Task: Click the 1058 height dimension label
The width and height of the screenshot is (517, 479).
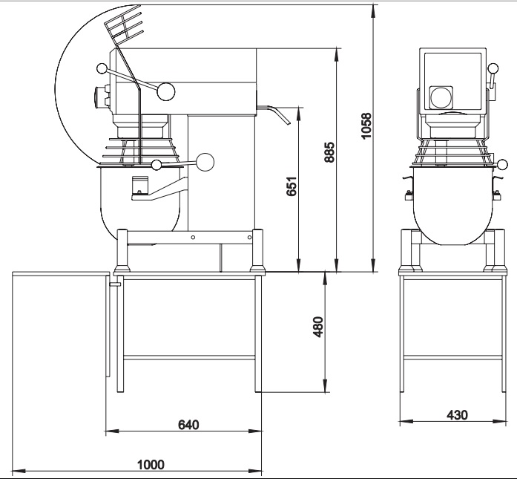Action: [366, 126]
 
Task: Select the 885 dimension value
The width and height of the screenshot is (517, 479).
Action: [329, 152]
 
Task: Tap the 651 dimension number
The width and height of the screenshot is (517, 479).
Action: [292, 186]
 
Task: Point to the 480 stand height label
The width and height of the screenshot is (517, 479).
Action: [318, 327]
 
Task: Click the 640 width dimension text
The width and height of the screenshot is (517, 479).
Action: [188, 425]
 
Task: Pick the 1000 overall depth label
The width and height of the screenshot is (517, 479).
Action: [151, 464]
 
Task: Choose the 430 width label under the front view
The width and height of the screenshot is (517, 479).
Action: [457, 414]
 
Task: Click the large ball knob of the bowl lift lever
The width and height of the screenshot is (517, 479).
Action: [205, 162]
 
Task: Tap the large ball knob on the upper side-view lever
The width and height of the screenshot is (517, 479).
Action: [166, 92]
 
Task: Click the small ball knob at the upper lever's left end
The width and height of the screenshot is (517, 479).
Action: [102, 68]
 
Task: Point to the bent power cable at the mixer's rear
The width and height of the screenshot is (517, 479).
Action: [274, 114]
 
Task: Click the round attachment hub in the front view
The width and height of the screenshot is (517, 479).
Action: [441, 97]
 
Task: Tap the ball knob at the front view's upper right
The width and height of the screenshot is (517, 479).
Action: [493, 68]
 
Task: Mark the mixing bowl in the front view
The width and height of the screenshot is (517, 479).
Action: [453, 206]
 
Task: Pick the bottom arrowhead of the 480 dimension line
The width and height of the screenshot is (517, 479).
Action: [326, 386]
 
